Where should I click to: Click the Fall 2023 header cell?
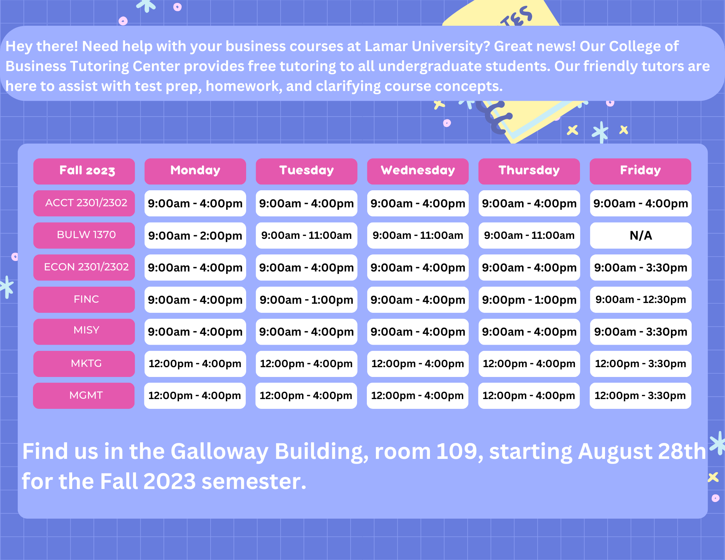[84, 171]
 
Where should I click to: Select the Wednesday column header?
[418, 171]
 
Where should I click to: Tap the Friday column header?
[640, 171]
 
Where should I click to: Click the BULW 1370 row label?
[84, 235]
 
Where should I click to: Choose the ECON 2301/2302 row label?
[84, 267]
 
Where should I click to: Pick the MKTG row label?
[84, 364]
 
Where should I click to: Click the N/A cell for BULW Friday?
[641, 235]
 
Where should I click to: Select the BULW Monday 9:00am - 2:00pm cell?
[195, 235]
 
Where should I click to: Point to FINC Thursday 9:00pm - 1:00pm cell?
[529, 300]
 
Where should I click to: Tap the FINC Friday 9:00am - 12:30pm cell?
[641, 300]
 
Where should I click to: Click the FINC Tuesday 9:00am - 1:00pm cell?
[306, 300]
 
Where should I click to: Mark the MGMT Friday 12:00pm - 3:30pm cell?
[640, 396]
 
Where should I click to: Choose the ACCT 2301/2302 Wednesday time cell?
[418, 203]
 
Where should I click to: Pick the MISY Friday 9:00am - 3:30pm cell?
[641, 332]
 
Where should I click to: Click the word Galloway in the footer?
[219, 452]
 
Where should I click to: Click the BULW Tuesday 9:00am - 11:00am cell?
[306, 235]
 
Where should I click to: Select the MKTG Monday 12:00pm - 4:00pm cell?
[195, 364]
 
